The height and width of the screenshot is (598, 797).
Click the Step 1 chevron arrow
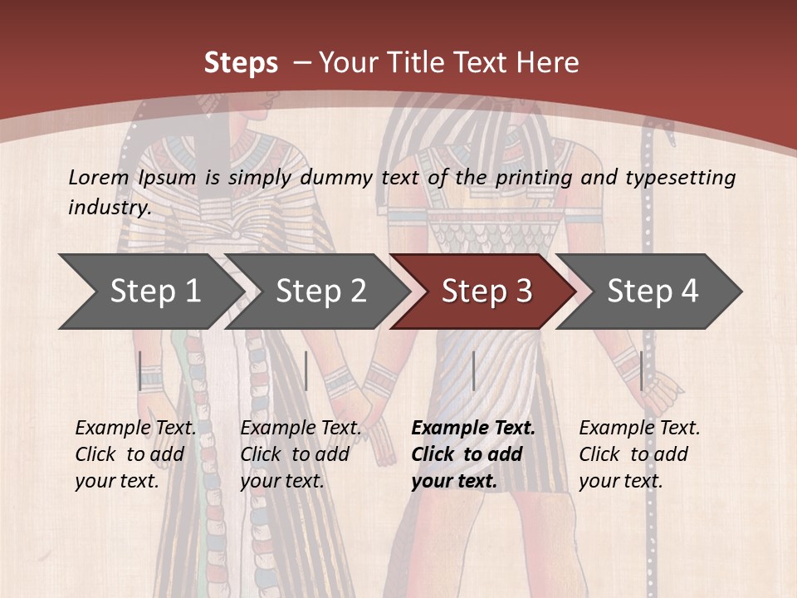point(154,292)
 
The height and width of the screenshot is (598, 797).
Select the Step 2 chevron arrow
point(320,292)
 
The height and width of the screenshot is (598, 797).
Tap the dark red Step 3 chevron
point(486,292)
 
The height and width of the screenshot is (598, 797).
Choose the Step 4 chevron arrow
point(652,292)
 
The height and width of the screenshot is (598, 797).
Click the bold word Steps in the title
point(241,63)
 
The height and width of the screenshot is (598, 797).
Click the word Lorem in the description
point(98,177)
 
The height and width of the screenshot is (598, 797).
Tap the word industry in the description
point(109,207)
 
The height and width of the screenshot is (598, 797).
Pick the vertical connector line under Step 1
point(140,370)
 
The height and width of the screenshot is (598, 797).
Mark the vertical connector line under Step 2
point(306,370)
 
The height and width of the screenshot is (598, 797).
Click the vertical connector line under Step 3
point(473,370)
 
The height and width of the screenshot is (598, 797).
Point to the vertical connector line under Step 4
point(642,370)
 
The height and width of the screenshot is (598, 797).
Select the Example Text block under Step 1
point(135,454)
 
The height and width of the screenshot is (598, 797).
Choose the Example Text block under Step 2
point(301,454)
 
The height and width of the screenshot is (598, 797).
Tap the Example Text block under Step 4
point(639,454)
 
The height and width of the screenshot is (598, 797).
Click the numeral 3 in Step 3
point(523,292)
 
